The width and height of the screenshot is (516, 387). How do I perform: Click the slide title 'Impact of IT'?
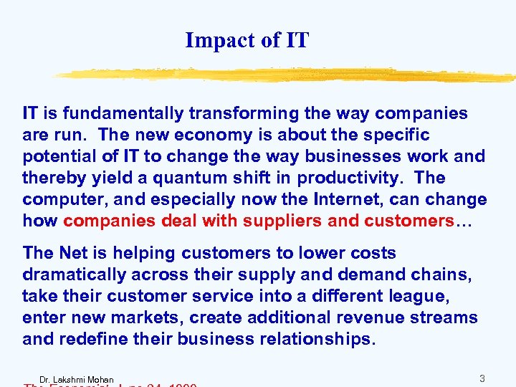tap(247, 40)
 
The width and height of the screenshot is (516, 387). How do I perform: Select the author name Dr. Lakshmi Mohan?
tap(77, 379)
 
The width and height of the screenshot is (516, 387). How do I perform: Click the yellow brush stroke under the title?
tap(287, 75)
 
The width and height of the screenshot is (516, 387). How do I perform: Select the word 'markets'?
tap(138, 317)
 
